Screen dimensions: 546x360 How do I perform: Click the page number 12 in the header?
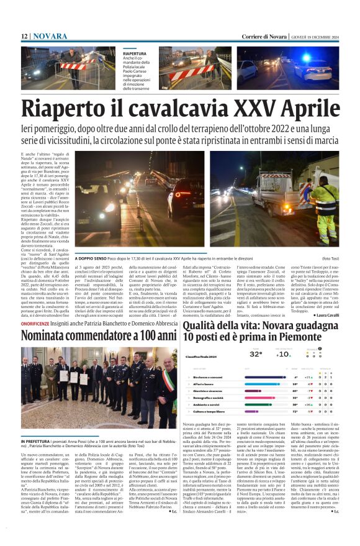tap(24, 37)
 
